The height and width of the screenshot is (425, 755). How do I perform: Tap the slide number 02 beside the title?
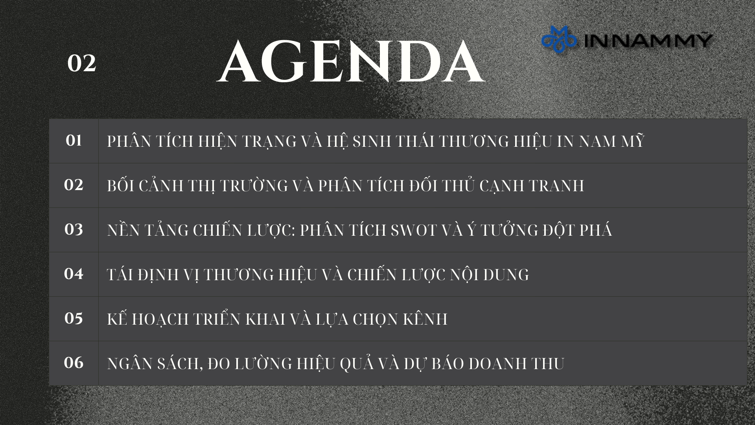pyautogui.click(x=81, y=63)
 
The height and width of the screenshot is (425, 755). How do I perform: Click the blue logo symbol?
pyautogui.click(x=559, y=39)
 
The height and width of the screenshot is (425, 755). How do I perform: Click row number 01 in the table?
pyautogui.click(x=74, y=140)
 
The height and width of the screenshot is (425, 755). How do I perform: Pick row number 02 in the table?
pyautogui.click(x=74, y=185)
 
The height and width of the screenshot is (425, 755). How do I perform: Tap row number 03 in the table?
pyautogui.click(x=74, y=229)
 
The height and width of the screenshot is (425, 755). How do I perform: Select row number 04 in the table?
pyautogui.click(x=74, y=274)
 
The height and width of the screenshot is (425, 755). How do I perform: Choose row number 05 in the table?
pyautogui.click(x=74, y=318)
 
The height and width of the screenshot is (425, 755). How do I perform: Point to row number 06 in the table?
pyautogui.click(x=74, y=363)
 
